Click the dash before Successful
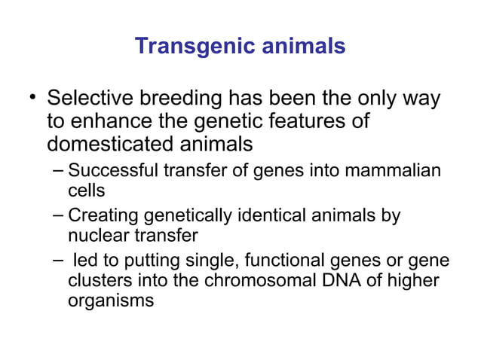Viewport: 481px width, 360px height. click(x=60, y=169)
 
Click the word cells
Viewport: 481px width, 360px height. click(x=86, y=191)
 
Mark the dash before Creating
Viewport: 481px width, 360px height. click(x=60, y=215)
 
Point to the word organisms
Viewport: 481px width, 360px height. click(x=111, y=301)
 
